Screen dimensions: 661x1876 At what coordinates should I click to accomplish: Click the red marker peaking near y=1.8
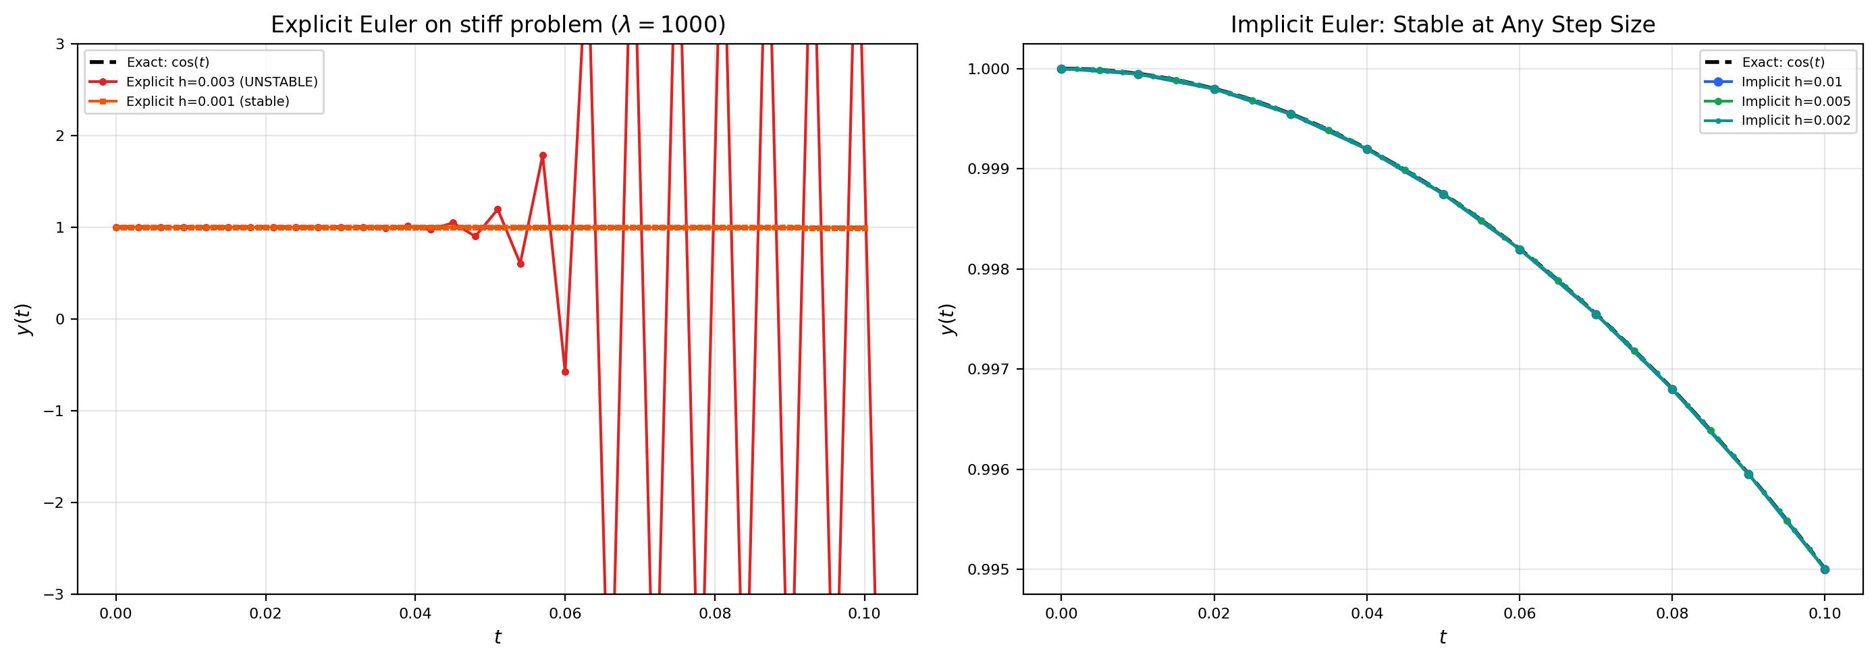[x=543, y=156]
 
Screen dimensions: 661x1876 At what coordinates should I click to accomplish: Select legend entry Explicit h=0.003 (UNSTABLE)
[x=221, y=82]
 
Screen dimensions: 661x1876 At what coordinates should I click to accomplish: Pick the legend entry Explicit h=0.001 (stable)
[x=207, y=101]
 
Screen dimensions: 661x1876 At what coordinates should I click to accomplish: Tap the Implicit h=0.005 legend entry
[x=1795, y=101]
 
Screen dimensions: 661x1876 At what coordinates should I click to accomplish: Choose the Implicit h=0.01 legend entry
[x=1791, y=82]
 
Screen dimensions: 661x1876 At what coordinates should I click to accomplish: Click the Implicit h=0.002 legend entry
[x=1795, y=120]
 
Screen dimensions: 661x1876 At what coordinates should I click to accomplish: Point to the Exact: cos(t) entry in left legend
[x=167, y=63]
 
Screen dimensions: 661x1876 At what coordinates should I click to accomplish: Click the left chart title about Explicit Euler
[x=498, y=25]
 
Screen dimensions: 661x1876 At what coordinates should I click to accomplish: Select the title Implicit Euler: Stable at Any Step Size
[x=1442, y=25]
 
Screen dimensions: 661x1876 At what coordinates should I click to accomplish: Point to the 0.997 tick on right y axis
[x=988, y=370]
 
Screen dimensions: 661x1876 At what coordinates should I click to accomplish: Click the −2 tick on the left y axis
[x=54, y=503]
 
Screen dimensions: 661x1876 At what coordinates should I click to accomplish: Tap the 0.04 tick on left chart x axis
[x=415, y=614]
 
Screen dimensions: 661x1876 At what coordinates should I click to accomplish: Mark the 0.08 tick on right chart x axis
[x=1672, y=614]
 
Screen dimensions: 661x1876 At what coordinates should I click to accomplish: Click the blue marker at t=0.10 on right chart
[x=1824, y=569]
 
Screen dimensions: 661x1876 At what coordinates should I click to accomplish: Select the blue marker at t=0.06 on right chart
[x=1519, y=250]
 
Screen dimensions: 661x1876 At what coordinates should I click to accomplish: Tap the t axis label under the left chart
[x=498, y=637]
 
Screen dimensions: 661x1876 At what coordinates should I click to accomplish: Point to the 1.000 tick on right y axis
[x=988, y=69]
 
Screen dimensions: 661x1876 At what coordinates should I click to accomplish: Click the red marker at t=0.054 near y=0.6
[x=520, y=264]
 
